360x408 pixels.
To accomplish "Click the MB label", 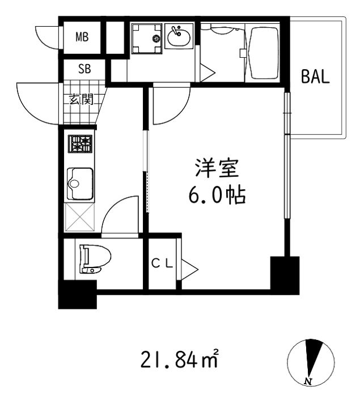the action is [82, 37].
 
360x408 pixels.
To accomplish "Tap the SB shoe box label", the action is [84, 69].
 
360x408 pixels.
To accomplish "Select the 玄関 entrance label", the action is [81, 99].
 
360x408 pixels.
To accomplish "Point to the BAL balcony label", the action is [315, 76].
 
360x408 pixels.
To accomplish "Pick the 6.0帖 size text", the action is [217, 194].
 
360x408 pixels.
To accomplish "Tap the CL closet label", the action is [162, 263].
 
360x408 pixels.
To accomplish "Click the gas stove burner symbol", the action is [80, 144].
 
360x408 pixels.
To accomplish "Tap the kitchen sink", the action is [80, 184].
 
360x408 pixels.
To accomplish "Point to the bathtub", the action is [264, 53].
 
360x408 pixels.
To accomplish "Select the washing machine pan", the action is [147, 39].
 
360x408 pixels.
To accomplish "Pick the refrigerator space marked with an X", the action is [79, 217].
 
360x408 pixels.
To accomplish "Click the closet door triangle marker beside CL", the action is [189, 269].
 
